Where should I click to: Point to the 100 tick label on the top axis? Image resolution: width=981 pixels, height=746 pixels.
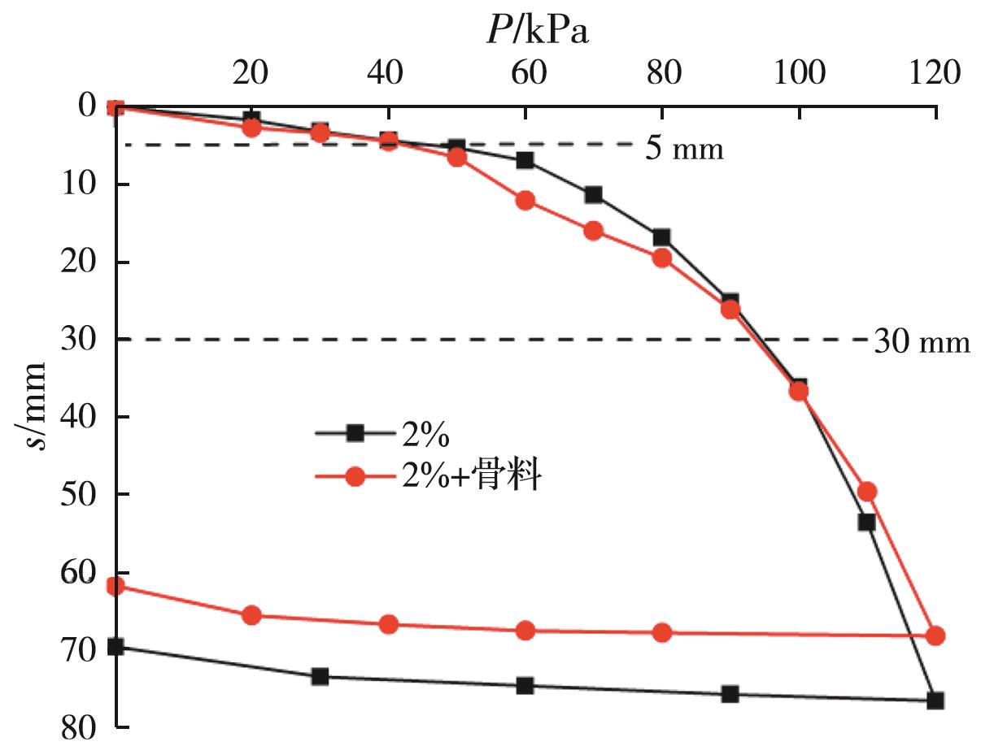[x=798, y=73]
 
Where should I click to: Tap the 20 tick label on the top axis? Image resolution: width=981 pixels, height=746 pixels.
[x=251, y=73]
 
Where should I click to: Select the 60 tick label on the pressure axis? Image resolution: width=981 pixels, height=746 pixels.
[x=525, y=73]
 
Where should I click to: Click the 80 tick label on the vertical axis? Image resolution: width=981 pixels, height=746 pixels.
[x=79, y=726]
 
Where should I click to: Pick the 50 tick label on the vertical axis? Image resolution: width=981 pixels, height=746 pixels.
[x=79, y=494]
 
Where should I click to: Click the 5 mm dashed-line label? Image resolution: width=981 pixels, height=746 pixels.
[x=684, y=150]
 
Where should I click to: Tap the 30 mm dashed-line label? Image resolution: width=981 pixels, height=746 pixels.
[x=922, y=342]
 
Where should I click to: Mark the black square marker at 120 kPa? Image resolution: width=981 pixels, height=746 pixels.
[x=935, y=700]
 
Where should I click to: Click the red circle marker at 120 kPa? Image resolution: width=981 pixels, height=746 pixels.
[x=935, y=635]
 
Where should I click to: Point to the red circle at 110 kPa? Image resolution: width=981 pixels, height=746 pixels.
[x=867, y=492]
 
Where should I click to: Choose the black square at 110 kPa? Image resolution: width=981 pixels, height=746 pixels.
[x=866, y=522]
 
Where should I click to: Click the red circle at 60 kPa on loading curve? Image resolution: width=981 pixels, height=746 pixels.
[x=525, y=201]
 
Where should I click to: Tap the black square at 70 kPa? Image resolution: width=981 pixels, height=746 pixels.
[x=594, y=195]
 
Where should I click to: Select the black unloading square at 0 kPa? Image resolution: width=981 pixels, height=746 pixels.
[x=116, y=647]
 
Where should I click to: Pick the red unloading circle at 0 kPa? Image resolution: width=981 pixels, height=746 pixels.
[x=116, y=585]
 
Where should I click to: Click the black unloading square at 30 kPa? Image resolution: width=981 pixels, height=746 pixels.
[x=320, y=676]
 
